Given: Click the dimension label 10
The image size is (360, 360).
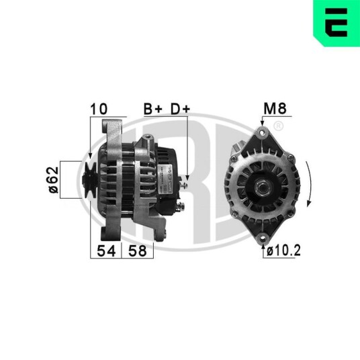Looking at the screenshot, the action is (x=99, y=109).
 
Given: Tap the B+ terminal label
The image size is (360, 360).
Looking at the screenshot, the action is (x=153, y=109).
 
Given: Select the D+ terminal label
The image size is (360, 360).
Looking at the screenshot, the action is (x=181, y=109).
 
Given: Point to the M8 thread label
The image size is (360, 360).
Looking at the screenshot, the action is (x=275, y=108).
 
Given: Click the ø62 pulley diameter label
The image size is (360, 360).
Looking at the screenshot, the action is (x=53, y=180).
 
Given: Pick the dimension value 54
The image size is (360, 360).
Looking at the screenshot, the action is (x=106, y=251).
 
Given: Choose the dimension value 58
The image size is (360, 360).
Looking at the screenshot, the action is (x=137, y=251).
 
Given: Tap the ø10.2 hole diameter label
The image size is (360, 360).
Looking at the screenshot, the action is (x=283, y=251).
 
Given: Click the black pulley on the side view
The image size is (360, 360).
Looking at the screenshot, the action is (x=90, y=180).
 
